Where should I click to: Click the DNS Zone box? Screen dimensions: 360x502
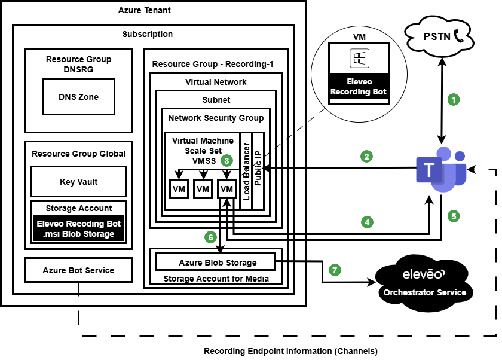(78, 97)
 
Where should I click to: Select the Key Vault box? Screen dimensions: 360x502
(78, 182)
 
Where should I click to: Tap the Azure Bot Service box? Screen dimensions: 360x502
(78, 270)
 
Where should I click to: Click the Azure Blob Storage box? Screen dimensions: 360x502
(218, 263)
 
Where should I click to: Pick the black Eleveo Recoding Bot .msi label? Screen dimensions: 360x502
(78, 228)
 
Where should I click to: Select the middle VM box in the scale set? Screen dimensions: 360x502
(203, 189)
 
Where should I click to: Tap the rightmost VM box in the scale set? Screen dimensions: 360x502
(226, 189)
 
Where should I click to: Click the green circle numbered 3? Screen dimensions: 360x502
(226, 160)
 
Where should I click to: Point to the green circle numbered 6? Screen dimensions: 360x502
(210, 237)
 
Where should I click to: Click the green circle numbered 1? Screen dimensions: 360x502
(454, 100)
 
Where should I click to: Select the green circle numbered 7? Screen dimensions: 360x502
(335, 270)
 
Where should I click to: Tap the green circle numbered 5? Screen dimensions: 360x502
(454, 216)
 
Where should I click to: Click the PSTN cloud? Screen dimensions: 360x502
(439, 37)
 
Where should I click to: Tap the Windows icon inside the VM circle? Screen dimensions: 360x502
(359, 59)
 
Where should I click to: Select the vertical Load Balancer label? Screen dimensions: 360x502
(246, 170)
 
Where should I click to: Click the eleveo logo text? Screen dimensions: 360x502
(424, 274)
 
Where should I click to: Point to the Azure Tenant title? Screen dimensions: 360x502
(144, 10)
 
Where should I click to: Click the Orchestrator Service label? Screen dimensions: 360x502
(424, 292)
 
